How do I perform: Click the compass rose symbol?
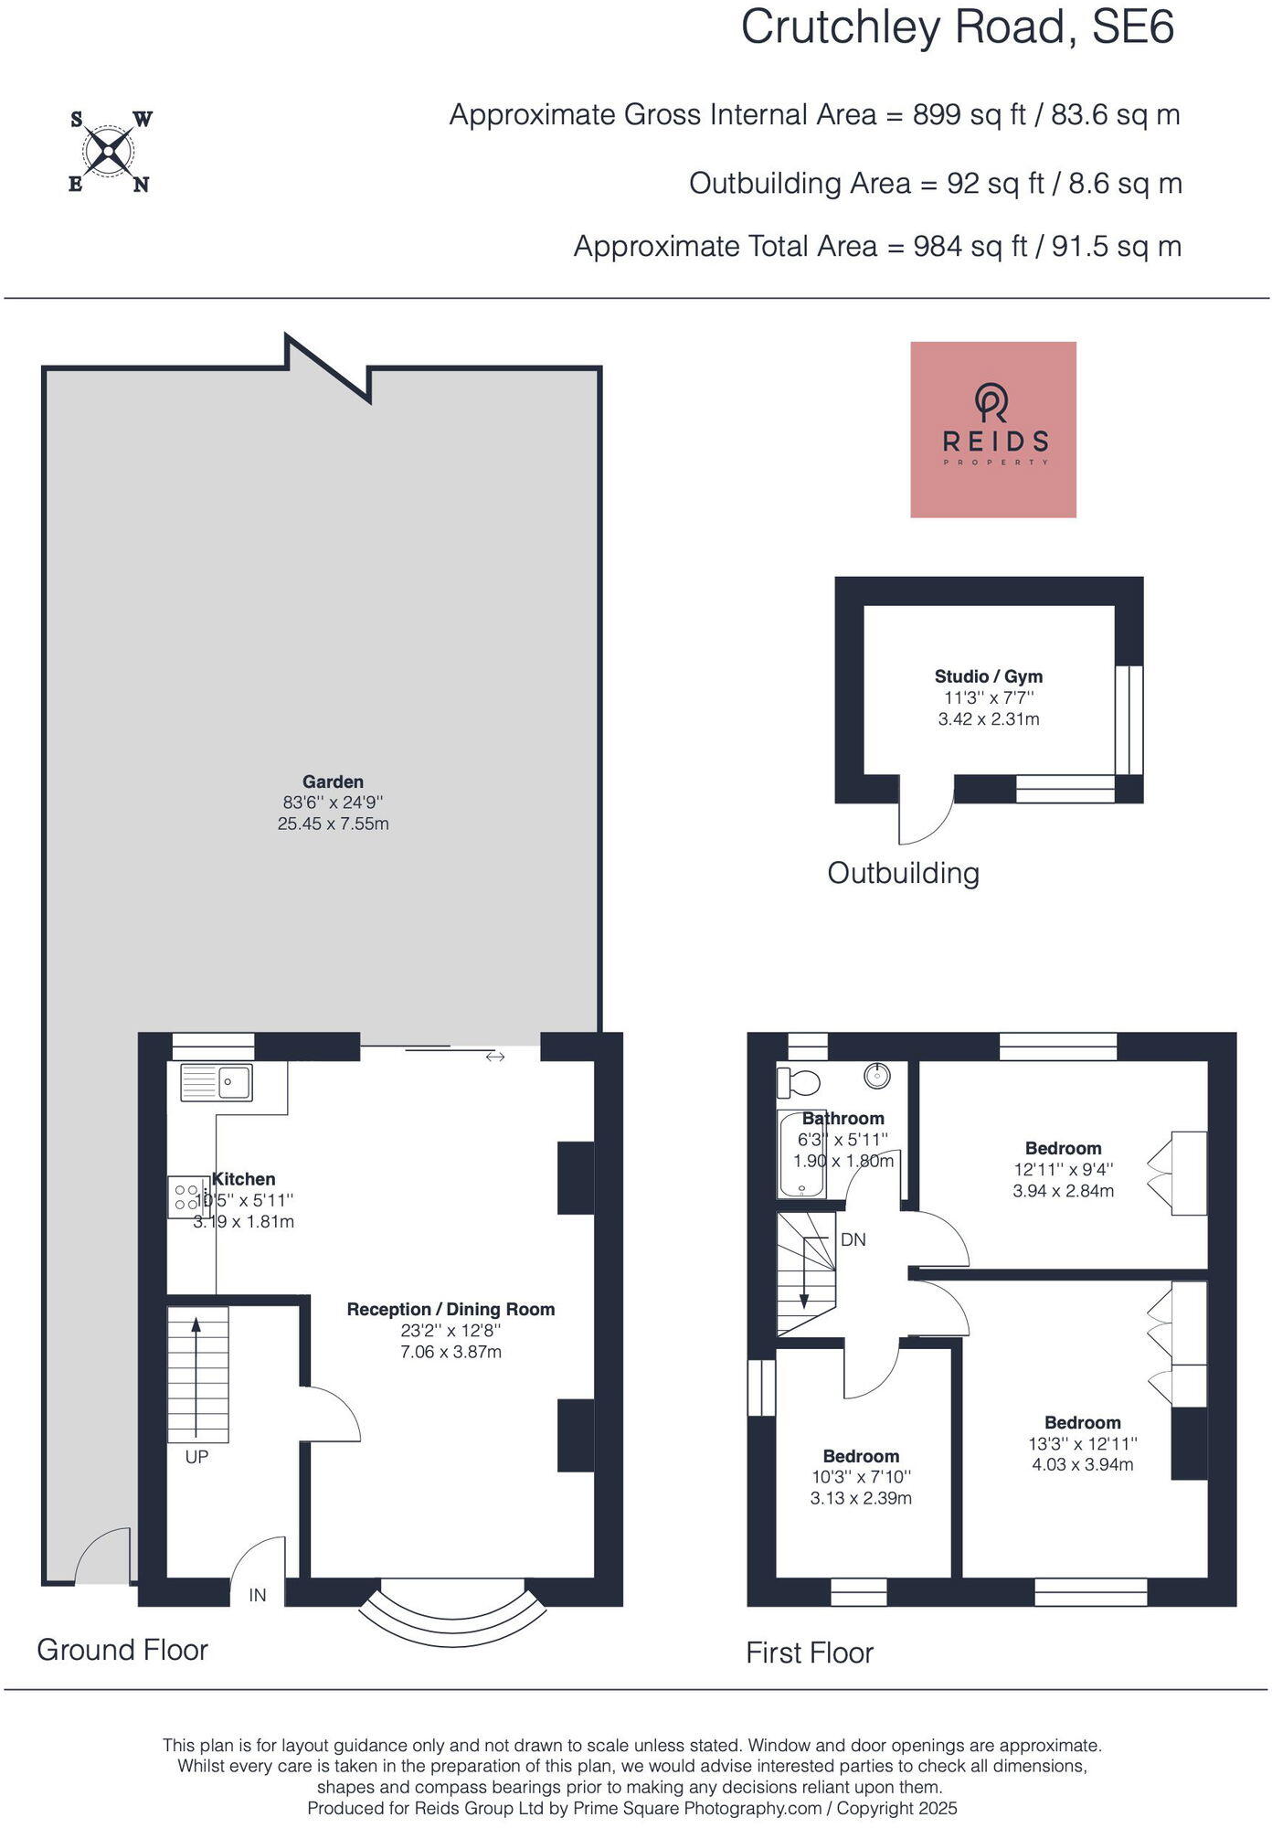coord(110,151)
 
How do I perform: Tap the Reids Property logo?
coord(993,430)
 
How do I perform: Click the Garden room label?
coord(334,781)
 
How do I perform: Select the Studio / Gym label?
coord(989,676)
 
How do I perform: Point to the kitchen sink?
coord(217,1082)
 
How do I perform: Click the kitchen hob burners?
coord(187,1197)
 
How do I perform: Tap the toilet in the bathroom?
coord(798,1082)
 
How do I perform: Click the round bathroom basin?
coord(877,1075)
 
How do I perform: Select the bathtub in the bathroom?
coord(800,1153)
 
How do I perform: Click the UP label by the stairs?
coord(197,1457)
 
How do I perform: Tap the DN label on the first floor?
coord(853,1239)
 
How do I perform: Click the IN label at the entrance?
coord(258,1595)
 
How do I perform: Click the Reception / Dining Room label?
coord(451,1309)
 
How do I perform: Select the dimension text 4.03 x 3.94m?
coord(1083,1464)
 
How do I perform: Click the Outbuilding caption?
coord(904,873)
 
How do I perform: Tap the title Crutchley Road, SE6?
coord(958,27)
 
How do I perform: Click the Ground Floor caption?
coord(122,1650)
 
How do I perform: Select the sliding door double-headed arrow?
coord(495,1057)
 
